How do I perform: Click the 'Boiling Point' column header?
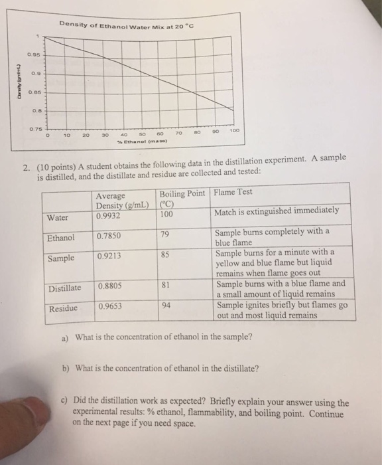182,193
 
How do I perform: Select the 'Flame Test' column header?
232,193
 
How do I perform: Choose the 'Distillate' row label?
64,288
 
